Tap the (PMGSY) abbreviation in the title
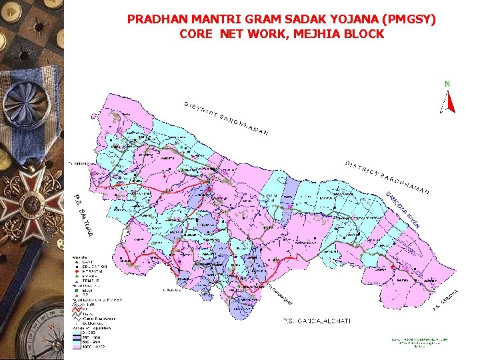tap(407, 20)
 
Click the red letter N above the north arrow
tap(447, 83)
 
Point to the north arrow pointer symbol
tap(449, 101)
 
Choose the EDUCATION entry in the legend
tap(96, 267)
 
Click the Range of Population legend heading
tap(93, 328)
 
